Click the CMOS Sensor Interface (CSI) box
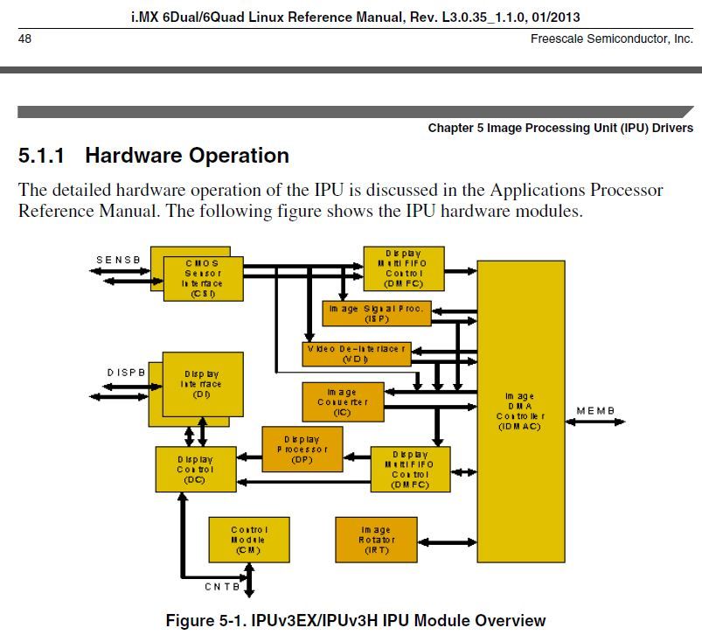[x=202, y=278]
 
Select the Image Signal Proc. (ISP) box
[x=376, y=313]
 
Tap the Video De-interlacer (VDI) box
[x=356, y=353]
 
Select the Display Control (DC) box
[x=195, y=469]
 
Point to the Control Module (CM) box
[x=249, y=540]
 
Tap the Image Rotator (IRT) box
[x=376, y=540]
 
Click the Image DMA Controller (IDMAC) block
[x=520, y=411]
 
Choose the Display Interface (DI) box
[x=202, y=384]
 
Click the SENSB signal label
[x=118, y=260]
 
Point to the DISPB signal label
[x=126, y=373]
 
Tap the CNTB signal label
[x=222, y=587]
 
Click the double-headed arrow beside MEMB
[x=596, y=422]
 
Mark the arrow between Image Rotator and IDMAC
[x=447, y=542]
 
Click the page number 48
[x=25, y=38]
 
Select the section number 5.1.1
[x=42, y=156]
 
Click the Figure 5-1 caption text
[x=355, y=620]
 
